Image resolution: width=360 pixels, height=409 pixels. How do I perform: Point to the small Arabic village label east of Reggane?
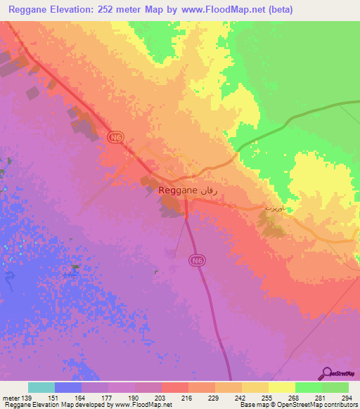(x=272, y=208)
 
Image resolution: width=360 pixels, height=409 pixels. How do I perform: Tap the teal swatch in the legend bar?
(x=41, y=387)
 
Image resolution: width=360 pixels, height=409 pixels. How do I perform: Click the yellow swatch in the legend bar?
(x=281, y=387)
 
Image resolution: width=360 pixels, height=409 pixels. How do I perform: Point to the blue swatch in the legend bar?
(x=67, y=387)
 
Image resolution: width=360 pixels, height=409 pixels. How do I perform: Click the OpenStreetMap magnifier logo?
(x=326, y=374)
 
